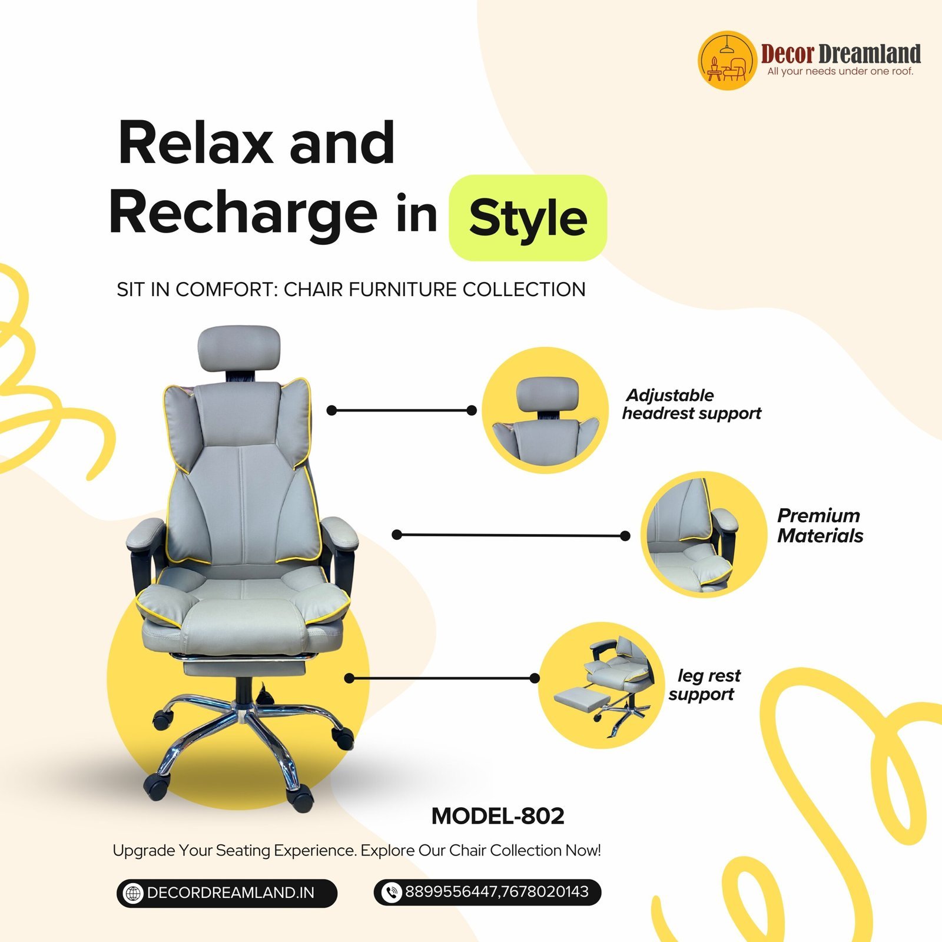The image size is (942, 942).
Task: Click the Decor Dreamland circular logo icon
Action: [727, 61]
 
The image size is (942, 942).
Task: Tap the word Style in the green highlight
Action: [528, 218]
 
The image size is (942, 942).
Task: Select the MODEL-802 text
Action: [498, 816]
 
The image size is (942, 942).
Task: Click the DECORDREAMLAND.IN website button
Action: [227, 893]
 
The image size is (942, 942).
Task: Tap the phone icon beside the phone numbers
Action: [391, 893]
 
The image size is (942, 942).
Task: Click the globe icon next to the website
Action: [133, 893]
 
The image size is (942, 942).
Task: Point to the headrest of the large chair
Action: [238, 349]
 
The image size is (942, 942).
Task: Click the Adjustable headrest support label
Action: [692, 404]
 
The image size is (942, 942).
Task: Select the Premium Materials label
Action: [820, 526]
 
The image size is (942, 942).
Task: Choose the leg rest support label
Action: [705, 685]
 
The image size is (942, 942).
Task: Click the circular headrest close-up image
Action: [545, 410]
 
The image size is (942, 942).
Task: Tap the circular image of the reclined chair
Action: [602, 685]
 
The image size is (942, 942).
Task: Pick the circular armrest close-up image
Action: [704, 535]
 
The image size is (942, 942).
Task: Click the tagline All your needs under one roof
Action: [840, 71]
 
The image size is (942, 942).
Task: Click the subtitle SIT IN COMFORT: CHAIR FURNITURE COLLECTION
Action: [351, 290]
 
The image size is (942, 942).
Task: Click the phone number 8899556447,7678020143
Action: [497, 892]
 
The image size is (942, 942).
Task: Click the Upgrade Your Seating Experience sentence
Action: [357, 851]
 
